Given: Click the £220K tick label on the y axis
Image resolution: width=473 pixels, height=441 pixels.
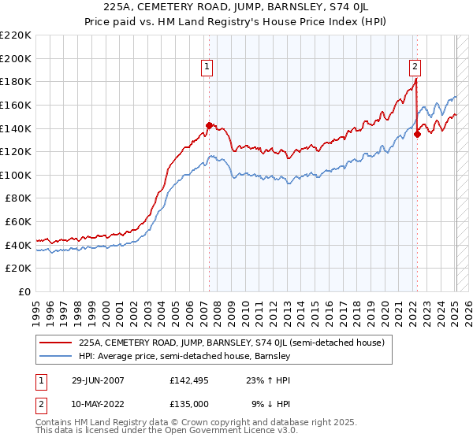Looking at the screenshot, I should coord(16,35).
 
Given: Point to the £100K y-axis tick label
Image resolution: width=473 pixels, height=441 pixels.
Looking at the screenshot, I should coord(16,175).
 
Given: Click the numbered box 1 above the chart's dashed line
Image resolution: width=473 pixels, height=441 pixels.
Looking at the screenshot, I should coord(207,68).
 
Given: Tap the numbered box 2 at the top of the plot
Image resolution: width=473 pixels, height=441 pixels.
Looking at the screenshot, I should coord(415,68).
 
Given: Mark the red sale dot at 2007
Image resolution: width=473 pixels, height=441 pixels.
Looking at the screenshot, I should coord(209,125).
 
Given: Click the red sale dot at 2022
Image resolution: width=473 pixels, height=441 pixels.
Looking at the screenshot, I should coord(417,134).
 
